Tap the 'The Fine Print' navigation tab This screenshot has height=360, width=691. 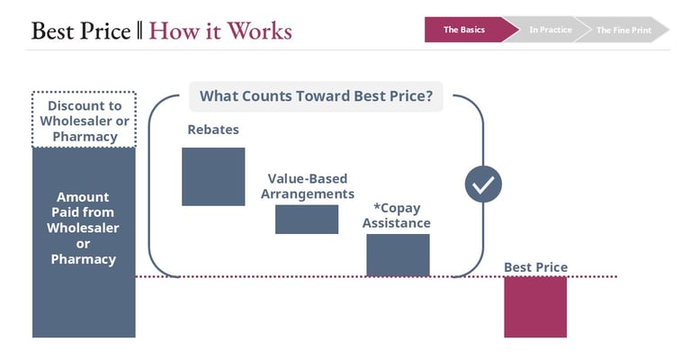point(624,30)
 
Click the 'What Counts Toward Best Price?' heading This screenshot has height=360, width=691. point(316,95)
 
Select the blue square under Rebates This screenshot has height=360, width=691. point(213,176)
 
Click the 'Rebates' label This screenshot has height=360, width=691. point(213,130)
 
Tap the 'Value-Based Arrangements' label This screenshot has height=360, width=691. point(307,186)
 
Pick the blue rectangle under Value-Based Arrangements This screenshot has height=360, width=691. point(307,219)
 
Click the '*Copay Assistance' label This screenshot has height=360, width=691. point(396,216)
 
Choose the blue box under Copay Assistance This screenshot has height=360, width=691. point(398,255)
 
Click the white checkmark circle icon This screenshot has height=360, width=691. point(483,184)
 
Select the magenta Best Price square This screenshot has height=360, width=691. point(535,307)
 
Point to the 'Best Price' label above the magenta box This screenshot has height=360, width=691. point(535,267)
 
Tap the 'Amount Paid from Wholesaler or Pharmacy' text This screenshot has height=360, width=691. point(84,228)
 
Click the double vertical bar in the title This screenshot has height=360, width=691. point(139,31)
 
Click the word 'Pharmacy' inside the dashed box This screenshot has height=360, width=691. point(84,137)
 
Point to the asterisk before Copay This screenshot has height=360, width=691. point(364,208)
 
